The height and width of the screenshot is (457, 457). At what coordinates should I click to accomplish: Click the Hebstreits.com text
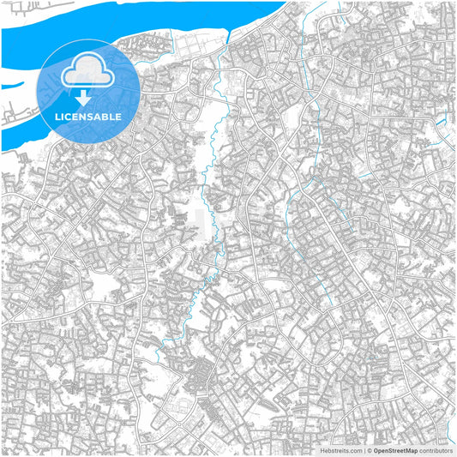click(339, 449)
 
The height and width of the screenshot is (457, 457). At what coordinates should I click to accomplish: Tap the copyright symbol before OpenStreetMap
click(369, 449)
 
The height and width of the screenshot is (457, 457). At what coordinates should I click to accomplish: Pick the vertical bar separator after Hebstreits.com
click(363, 449)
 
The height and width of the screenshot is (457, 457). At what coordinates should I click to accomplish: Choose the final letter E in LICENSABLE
click(119, 116)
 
